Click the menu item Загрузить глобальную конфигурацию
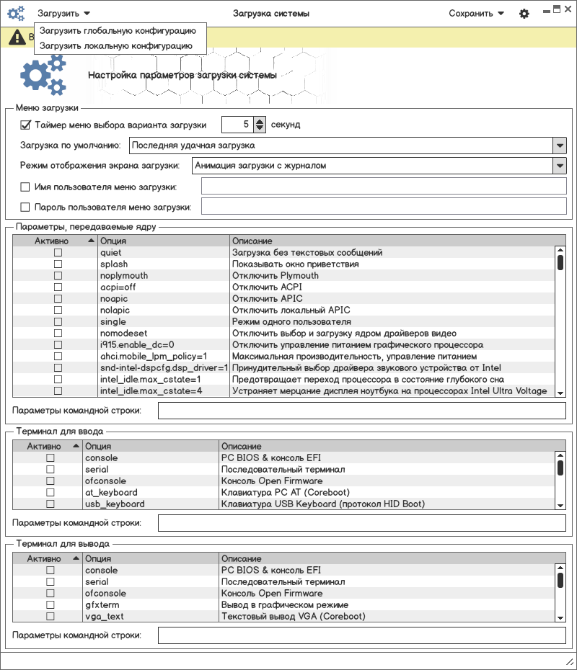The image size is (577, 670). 118,31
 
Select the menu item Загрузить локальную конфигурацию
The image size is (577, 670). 115,45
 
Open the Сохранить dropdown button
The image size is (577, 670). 476,14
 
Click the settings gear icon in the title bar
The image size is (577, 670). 524,14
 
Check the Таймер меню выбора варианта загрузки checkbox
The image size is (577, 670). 26,125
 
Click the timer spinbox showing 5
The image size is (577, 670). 238,125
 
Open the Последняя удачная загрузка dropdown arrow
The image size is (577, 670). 560,146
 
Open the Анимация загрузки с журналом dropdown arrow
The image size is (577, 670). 560,166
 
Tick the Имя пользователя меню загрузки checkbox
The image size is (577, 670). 26,187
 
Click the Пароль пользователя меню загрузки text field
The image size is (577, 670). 384,207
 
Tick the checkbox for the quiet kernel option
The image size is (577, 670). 58,253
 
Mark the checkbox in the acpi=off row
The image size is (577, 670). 58,287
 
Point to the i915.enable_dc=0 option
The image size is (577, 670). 137,345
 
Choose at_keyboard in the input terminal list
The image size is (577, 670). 111,493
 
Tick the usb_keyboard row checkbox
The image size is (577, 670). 50,504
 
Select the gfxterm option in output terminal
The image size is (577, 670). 102,605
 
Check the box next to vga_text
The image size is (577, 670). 50,617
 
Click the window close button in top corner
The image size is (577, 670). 568,9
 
